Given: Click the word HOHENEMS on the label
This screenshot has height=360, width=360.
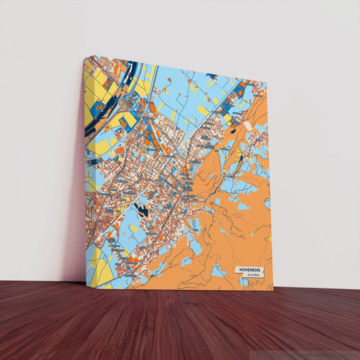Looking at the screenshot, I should pos(251,269).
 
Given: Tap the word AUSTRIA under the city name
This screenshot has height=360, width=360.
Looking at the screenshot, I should pos(253,276).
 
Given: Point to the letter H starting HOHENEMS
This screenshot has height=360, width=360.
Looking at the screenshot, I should pos(239,269).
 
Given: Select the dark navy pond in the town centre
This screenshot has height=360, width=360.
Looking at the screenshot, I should pos(142,210).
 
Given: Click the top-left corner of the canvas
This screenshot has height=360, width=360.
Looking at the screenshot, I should pos(84,57).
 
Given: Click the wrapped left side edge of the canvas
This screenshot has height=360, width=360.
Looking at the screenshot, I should pos(84,169).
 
